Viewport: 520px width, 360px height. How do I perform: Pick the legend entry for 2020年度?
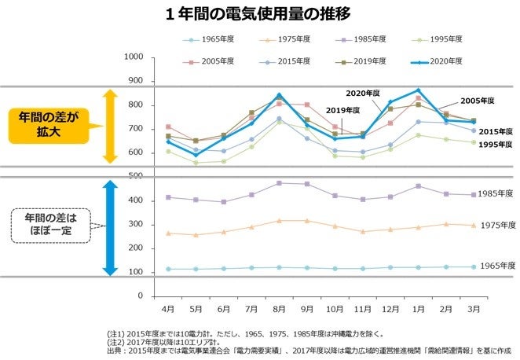(x=449, y=61)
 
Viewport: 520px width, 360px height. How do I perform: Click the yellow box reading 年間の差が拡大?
(x=48, y=126)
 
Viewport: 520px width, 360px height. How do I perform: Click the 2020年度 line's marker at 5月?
(x=196, y=155)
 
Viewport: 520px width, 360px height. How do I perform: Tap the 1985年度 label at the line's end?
(x=496, y=193)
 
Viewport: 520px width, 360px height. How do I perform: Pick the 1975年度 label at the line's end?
(x=496, y=226)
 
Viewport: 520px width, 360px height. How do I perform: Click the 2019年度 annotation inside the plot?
(x=342, y=110)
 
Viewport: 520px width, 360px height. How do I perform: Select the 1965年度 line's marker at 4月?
(x=168, y=269)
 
